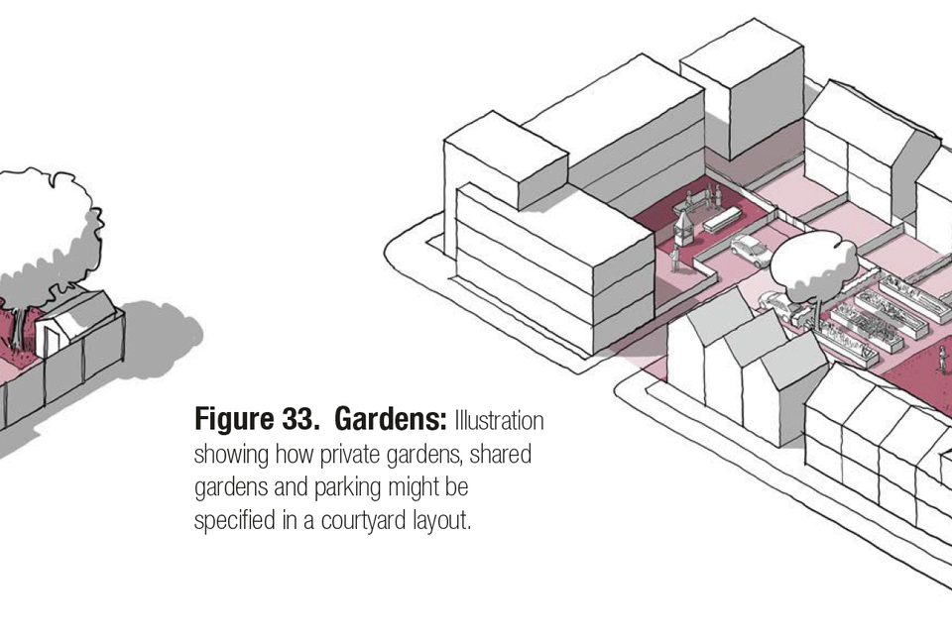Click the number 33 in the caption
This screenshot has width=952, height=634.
point(298,420)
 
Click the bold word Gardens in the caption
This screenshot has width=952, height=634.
point(390,420)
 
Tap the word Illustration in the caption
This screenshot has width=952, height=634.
point(499,420)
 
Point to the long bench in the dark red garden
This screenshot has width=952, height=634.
point(723,219)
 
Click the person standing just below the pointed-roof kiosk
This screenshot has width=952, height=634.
point(674,260)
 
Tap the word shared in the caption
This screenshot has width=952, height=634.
point(512,456)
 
